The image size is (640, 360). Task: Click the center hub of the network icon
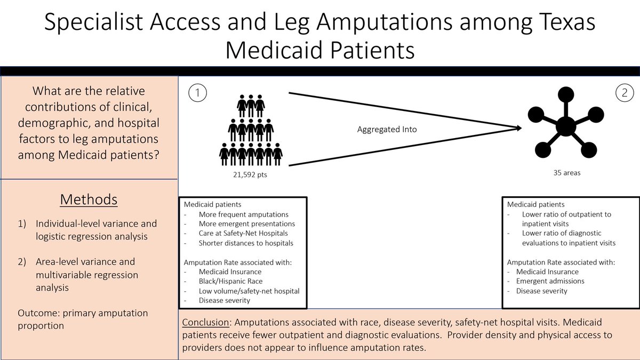click(565, 127)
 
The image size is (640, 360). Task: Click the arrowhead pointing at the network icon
click(517, 127)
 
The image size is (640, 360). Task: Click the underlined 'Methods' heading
click(89, 199)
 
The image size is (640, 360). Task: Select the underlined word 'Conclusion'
click(206, 323)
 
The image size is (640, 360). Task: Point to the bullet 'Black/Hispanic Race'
click(231, 281)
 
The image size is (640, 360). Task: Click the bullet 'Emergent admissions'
click(550, 281)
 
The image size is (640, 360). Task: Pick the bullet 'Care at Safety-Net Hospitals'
click(243, 234)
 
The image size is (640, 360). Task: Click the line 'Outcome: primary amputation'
click(83, 313)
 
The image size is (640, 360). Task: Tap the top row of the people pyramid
click(251, 105)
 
